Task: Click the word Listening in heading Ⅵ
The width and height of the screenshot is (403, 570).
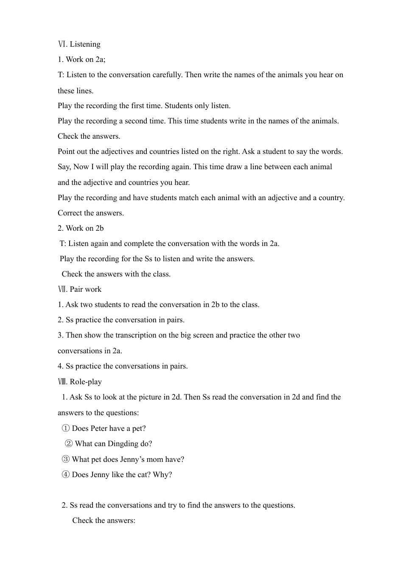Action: [x=85, y=44]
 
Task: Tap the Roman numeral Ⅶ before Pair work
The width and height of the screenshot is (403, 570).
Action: [x=62, y=289]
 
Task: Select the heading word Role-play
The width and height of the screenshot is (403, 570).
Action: [x=86, y=382]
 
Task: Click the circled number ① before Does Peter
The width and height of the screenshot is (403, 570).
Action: [x=66, y=428]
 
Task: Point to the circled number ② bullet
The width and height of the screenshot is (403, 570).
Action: [x=69, y=444]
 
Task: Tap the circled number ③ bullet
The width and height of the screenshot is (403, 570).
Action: [x=66, y=459]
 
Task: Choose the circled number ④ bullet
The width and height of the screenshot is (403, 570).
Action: [x=66, y=475]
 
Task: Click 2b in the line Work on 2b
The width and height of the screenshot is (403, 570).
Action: [x=99, y=228]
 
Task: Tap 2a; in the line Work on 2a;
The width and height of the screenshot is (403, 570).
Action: [x=101, y=59]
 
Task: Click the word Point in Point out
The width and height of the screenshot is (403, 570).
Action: [x=66, y=151]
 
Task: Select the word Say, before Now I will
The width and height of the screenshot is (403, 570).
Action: [x=64, y=167]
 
